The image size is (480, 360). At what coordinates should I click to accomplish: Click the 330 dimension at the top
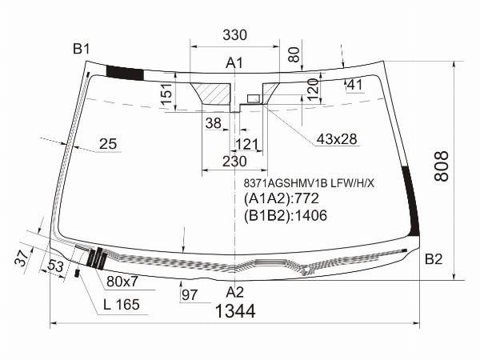(234, 35)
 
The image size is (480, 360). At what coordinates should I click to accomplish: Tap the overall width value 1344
(235, 312)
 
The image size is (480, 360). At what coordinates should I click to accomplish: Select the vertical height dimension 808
(442, 166)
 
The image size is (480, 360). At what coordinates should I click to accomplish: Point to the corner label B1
(81, 49)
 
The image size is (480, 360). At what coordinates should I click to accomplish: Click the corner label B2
(434, 259)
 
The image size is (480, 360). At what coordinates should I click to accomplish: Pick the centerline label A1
(234, 63)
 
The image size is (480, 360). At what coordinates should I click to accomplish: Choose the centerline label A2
(234, 292)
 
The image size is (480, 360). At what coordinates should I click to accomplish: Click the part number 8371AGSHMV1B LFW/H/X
(309, 183)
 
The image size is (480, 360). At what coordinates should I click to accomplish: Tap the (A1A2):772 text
(282, 198)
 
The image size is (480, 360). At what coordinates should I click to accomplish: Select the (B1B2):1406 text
(286, 215)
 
